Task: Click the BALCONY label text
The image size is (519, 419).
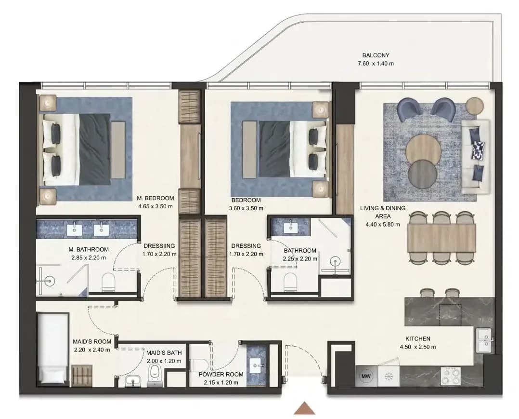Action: click(376, 55)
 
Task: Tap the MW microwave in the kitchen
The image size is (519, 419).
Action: click(366, 376)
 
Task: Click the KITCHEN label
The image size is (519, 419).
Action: click(418, 339)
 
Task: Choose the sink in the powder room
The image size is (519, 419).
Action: click(256, 365)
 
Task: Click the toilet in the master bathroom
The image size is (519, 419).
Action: click(108, 282)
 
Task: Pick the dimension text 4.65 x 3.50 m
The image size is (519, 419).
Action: click(156, 206)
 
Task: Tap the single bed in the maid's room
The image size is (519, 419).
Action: click(53, 348)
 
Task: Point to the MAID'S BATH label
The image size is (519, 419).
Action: click(164, 353)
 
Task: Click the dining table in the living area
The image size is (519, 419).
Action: click(441, 238)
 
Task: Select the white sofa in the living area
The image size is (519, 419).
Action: click(476, 157)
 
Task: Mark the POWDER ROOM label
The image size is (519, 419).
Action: click(221, 374)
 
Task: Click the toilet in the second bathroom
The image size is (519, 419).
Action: click(291, 282)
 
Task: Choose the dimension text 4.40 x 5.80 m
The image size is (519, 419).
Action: click(383, 224)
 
